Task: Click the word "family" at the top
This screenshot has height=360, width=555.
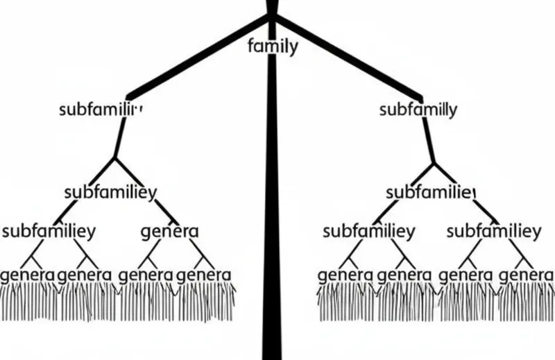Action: pyautogui.click(x=273, y=47)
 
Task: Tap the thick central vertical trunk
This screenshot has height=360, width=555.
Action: pyautogui.click(x=271, y=208)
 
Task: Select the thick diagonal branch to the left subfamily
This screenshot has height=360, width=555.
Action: pyautogui.click(x=194, y=58)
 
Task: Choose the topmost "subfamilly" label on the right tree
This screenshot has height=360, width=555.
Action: pyautogui.click(x=418, y=110)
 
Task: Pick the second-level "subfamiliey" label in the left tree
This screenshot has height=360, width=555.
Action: pyautogui.click(x=110, y=192)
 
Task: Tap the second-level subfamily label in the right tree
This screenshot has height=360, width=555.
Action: pyautogui.click(x=430, y=192)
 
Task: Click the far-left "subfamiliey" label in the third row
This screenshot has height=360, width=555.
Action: pyautogui.click(x=49, y=230)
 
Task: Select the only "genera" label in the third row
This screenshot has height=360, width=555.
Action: pyautogui.click(x=169, y=230)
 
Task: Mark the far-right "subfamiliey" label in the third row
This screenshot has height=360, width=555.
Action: pyautogui.click(x=493, y=230)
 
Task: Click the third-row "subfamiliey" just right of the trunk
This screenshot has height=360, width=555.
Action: pyautogui.click(x=369, y=230)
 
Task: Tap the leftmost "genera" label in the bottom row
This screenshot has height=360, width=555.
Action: pyautogui.click(x=28, y=274)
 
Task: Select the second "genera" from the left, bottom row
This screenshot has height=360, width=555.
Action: pyautogui.click(x=85, y=274)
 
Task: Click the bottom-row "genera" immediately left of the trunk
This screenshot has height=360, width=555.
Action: pyautogui.click(x=204, y=274)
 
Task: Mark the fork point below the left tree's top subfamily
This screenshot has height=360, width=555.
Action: pyautogui.click(x=115, y=160)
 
